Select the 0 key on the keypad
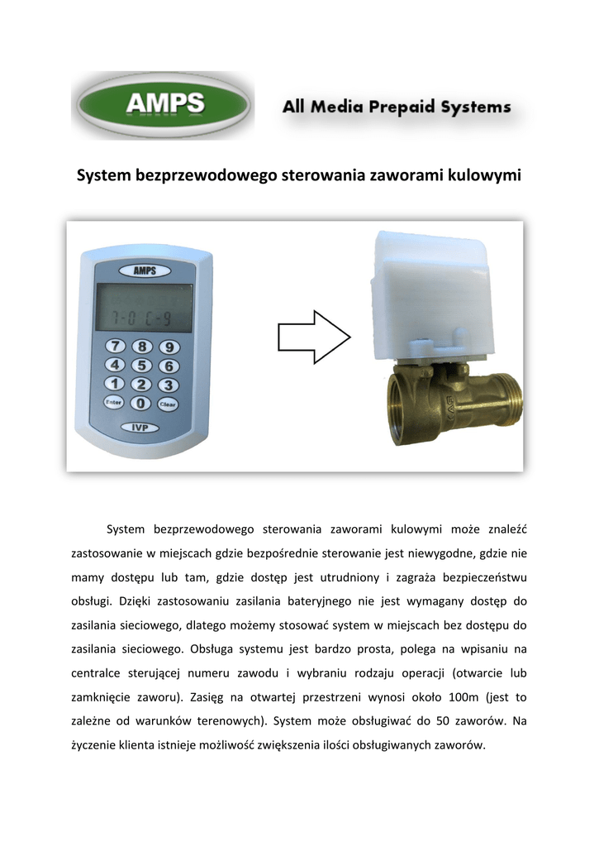[142, 403]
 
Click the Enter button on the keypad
[114, 403]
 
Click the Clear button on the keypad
[168, 404]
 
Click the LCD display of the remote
[143, 308]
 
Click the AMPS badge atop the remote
[141, 270]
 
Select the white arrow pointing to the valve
[314, 337]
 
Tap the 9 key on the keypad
[169, 347]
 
